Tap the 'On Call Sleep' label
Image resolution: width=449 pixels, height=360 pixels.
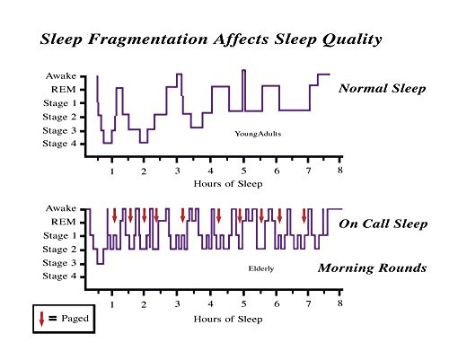(383, 224)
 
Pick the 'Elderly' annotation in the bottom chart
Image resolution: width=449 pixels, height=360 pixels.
(260, 268)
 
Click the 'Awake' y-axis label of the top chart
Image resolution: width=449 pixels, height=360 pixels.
(60, 76)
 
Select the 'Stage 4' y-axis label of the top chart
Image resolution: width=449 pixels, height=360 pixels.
(60, 144)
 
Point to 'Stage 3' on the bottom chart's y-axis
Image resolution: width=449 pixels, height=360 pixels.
(60, 263)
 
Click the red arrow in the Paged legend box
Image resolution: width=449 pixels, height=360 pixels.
(42, 317)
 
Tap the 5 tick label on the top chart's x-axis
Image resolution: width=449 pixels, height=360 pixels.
(242, 170)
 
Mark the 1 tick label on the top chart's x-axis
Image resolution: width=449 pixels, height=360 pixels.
(111, 170)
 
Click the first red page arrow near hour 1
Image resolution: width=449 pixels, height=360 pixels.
(115, 215)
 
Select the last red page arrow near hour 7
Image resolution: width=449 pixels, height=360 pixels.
(304, 215)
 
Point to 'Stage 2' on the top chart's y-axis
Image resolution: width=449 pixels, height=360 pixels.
(60, 117)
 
